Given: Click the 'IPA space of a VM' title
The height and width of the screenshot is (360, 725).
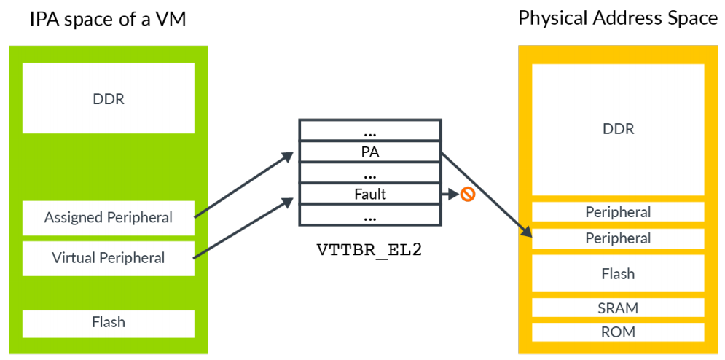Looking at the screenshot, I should pyautogui.click(x=108, y=20).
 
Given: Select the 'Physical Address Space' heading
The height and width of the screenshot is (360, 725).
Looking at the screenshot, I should pyautogui.click(x=617, y=18).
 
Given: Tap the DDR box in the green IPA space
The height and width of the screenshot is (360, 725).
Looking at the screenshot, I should pyautogui.click(x=109, y=98).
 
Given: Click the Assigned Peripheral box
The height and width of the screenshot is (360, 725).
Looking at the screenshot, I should pyautogui.click(x=109, y=218).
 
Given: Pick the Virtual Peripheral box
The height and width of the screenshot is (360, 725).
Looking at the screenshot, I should pyautogui.click(x=109, y=258).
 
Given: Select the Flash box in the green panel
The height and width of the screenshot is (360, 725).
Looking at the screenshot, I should pyautogui.click(x=109, y=322).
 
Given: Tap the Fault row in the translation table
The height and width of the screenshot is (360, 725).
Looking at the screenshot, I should pyautogui.click(x=369, y=195).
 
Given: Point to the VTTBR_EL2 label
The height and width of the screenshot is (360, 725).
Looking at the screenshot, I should pyautogui.click(x=369, y=250).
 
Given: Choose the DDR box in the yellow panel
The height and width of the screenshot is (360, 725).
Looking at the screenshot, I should pyautogui.click(x=618, y=130).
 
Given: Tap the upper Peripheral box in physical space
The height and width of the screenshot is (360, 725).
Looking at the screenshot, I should pyautogui.click(x=618, y=212).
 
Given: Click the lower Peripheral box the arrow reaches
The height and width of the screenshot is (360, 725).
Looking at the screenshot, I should pyautogui.click(x=618, y=238).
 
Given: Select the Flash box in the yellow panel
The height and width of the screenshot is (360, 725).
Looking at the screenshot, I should pyautogui.click(x=618, y=274).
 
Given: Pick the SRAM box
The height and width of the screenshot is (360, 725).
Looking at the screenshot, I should pyautogui.click(x=618, y=308).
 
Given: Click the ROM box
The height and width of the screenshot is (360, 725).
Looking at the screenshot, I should pyautogui.click(x=618, y=332).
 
